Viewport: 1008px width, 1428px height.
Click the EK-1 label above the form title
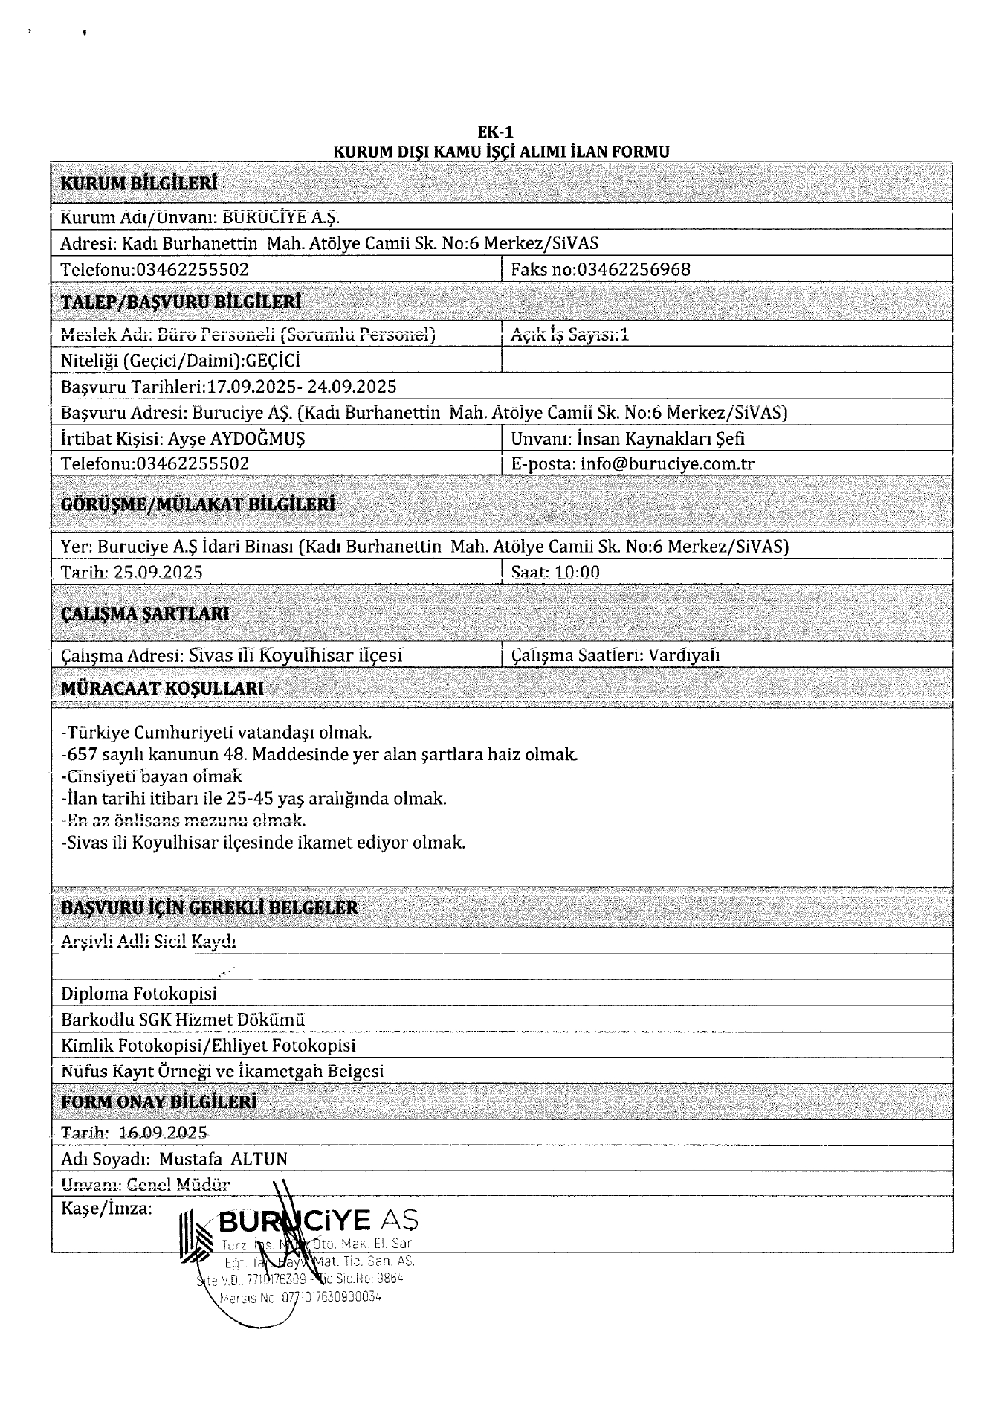(x=495, y=133)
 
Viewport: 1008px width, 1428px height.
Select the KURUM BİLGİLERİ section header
(x=139, y=183)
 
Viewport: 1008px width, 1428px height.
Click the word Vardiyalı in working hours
(x=684, y=655)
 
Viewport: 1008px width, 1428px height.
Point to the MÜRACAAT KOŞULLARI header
(x=163, y=688)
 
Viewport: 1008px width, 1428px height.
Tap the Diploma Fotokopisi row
(x=139, y=994)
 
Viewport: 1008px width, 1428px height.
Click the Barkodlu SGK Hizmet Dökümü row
(x=183, y=1020)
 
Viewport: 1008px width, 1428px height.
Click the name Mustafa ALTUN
(x=224, y=1159)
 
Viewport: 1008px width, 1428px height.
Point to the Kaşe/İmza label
(x=106, y=1209)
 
